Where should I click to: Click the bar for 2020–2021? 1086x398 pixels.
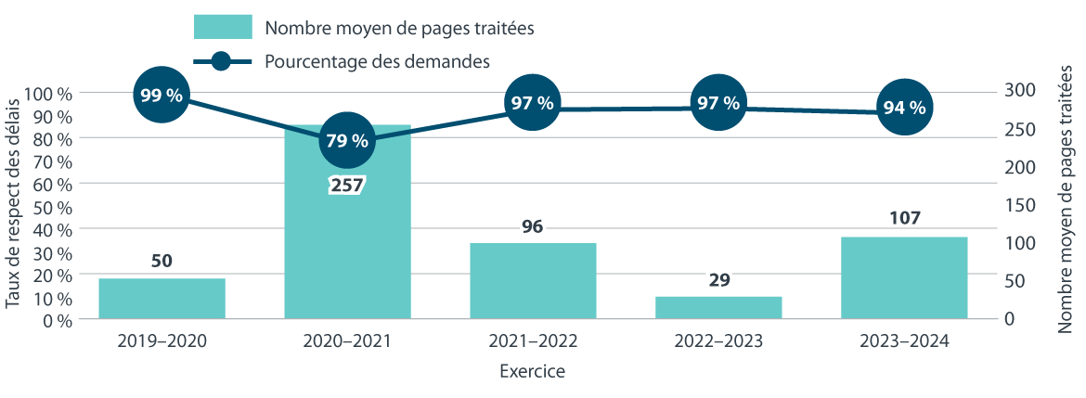[347, 241]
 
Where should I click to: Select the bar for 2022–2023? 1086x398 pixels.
[718, 308]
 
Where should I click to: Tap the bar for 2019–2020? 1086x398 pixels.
[162, 299]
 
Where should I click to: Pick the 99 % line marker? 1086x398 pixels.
[162, 95]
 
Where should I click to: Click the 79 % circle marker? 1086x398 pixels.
[347, 141]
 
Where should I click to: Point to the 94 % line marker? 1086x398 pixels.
[904, 108]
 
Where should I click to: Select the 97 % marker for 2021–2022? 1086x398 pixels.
[532, 103]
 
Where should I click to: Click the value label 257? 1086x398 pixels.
[347, 185]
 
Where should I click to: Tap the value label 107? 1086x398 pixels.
[904, 219]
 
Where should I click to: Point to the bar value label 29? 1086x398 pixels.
[718, 279]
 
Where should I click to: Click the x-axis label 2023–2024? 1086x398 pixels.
[904, 341]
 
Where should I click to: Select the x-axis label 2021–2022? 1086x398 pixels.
[532, 341]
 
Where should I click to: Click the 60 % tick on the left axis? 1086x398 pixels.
[52, 184]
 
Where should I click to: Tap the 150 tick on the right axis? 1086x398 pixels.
[1018, 205]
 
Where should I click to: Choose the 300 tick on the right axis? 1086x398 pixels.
[1018, 90]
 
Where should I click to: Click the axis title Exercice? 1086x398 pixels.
[532, 373]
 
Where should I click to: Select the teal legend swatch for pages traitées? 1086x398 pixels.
[223, 27]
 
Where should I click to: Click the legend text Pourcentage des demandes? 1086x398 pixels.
[377, 61]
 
